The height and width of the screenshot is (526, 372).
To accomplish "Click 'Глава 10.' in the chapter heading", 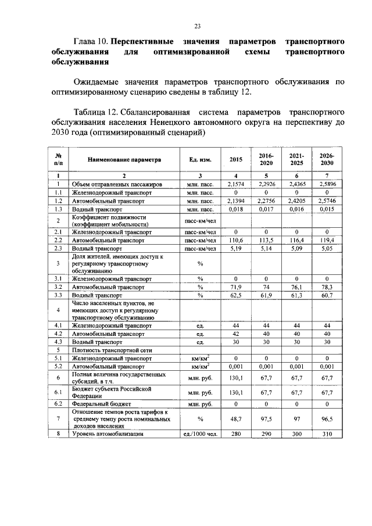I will click(x=91, y=42).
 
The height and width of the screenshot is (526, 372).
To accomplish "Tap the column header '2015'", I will click(x=236, y=159).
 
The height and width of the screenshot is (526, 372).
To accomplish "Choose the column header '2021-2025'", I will click(x=297, y=159).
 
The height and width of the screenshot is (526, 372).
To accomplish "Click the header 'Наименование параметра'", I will click(x=124, y=159).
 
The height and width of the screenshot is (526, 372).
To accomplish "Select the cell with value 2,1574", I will click(x=236, y=184).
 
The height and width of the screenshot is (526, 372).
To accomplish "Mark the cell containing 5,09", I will click(x=297, y=248).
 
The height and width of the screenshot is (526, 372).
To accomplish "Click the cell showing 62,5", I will click(x=236, y=295).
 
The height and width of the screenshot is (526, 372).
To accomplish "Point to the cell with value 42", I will click(x=236, y=334).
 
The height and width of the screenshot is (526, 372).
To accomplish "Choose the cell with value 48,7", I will click(x=236, y=418).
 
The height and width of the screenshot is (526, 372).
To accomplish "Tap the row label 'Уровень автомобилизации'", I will click(x=108, y=434).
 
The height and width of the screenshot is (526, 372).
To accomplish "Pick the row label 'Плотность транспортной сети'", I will click(x=108, y=350).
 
